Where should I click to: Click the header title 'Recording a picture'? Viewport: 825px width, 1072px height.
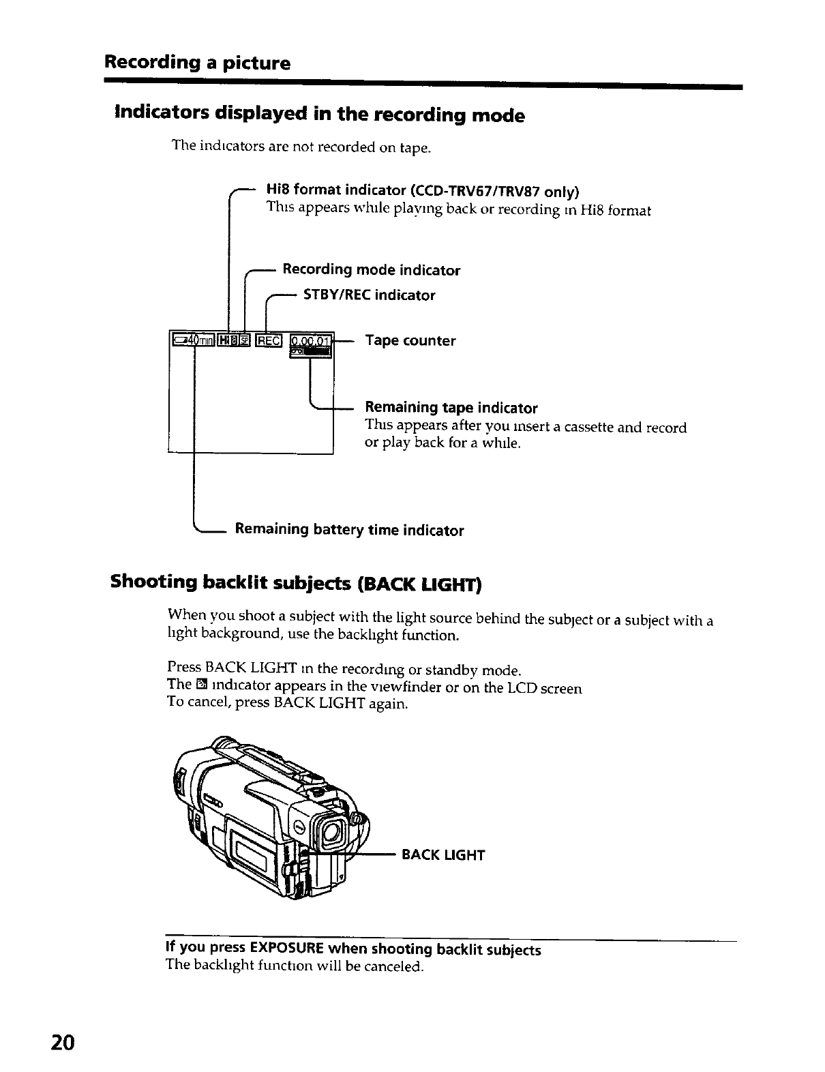[x=197, y=63]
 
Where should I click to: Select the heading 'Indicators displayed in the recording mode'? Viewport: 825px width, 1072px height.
[x=320, y=115]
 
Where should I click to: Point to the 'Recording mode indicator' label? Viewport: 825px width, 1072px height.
[x=372, y=270]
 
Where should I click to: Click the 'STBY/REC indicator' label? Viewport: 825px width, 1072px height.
[x=369, y=295]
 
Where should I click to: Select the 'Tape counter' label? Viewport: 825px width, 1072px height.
[x=410, y=340]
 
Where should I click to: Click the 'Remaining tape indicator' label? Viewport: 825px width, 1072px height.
[x=451, y=408]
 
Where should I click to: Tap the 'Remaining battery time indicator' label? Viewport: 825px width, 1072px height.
[x=349, y=530]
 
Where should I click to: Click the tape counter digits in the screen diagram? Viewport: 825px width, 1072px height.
[x=310, y=340]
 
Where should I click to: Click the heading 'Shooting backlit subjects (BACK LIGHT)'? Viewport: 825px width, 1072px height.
[x=297, y=584]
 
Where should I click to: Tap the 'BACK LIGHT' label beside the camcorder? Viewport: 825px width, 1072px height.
[x=443, y=855]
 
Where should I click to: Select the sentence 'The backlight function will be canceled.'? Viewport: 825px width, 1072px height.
[x=295, y=966]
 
